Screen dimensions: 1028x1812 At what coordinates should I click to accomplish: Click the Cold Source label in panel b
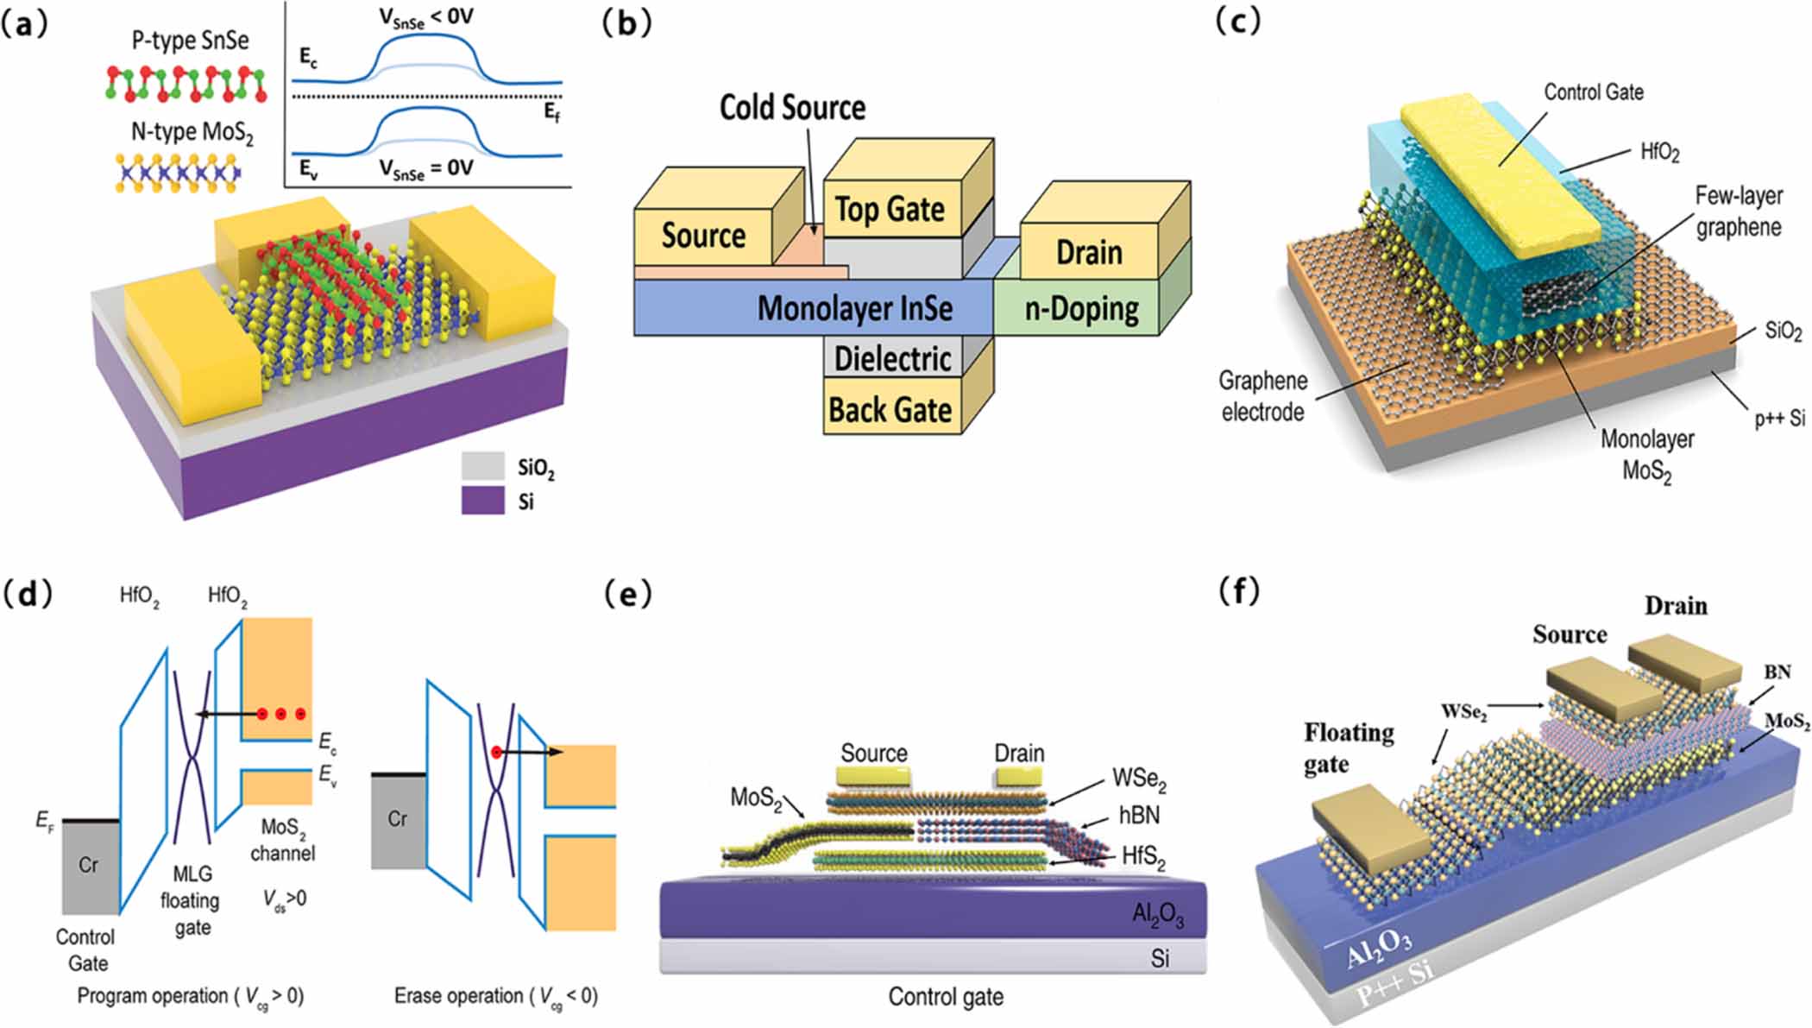792,108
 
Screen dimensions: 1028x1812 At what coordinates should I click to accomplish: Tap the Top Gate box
890,210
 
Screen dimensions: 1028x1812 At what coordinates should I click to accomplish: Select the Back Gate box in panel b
890,410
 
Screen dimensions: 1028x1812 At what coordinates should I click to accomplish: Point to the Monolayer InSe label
854,308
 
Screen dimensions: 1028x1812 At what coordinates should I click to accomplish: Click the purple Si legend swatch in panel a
482,501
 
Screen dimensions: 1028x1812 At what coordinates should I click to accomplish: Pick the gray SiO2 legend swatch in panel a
482,466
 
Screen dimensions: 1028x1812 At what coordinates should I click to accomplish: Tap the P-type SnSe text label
190,41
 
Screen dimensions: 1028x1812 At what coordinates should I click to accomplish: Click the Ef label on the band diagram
551,111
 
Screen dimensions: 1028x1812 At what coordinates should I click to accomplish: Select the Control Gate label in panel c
1593,92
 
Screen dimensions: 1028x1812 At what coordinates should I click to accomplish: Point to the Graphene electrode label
1262,396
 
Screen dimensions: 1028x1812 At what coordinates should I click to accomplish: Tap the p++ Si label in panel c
1779,419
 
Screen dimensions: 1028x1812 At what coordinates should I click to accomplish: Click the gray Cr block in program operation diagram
90,866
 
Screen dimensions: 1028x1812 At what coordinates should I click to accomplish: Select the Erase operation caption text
495,996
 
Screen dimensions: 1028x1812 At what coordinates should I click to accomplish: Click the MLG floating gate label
191,900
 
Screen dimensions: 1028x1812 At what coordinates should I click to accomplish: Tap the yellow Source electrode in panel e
875,778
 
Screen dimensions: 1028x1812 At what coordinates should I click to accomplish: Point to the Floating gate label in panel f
1349,747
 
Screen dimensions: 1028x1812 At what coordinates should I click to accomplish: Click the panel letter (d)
28,594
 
